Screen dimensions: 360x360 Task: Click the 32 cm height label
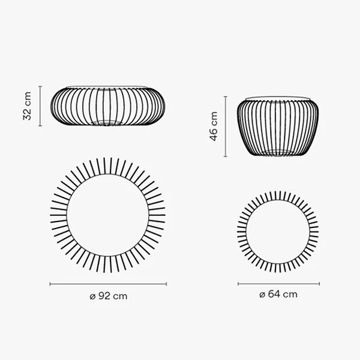pyautogui.click(x=28, y=106)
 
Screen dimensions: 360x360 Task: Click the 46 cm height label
pyautogui.click(x=214, y=127)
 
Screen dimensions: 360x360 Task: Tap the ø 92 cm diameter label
pyautogui.click(x=108, y=296)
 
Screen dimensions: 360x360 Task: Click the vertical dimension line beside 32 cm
pyautogui.click(x=40, y=106)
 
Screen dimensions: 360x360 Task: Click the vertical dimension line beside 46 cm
pyautogui.click(x=226, y=127)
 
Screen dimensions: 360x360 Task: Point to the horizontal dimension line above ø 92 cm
pyautogui.click(x=108, y=283)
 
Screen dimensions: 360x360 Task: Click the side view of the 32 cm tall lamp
pyautogui.click(x=108, y=106)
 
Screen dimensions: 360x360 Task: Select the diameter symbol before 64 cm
pyautogui.click(x=262, y=295)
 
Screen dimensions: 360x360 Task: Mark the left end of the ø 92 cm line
pyautogui.click(x=50, y=283)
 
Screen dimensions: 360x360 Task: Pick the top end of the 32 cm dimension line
pyautogui.click(x=40, y=86)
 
